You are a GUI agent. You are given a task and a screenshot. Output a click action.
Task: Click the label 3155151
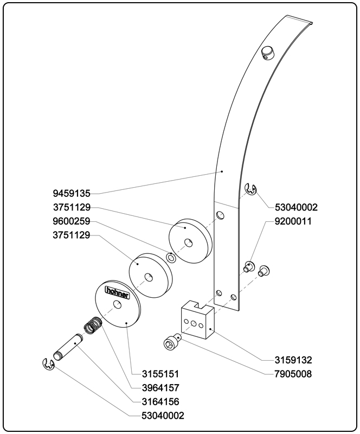coord(160,374)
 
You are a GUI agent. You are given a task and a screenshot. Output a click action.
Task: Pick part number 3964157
coord(160,388)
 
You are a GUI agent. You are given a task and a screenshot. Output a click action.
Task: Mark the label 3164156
coord(160,402)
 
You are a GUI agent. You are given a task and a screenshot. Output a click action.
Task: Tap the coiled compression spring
coord(94,325)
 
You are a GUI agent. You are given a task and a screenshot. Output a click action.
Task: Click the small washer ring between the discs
coord(170,258)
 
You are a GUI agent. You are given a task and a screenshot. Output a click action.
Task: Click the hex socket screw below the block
coord(171,343)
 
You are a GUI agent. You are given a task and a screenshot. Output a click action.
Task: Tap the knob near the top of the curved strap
coord(268,52)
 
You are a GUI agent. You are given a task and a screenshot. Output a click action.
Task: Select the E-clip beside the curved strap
coord(250,189)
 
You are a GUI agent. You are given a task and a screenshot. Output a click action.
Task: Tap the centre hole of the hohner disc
coord(117,305)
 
